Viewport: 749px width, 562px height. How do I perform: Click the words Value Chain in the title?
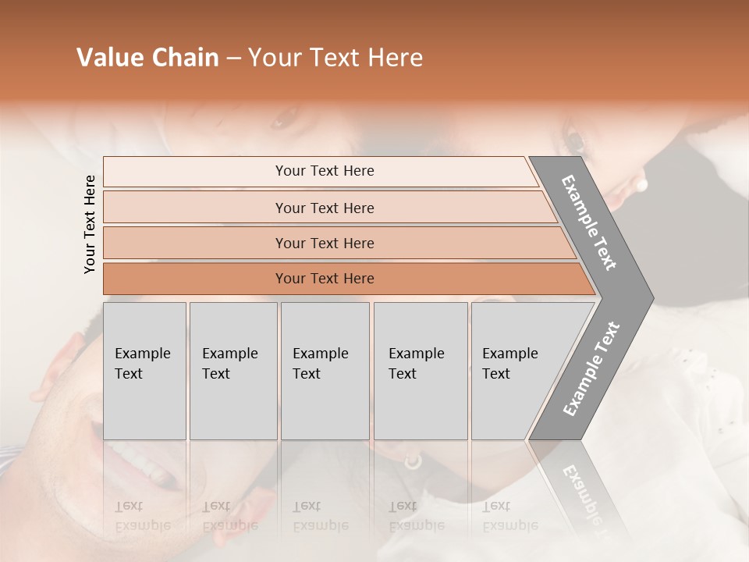[x=147, y=58]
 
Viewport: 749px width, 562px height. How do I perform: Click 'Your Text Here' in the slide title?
[x=335, y=58]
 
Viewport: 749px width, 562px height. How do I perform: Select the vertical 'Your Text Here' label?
[x=90, y=224]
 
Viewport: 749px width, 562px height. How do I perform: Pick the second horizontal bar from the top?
[x=324, y=208]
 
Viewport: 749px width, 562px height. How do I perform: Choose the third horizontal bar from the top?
[x=324, y=243]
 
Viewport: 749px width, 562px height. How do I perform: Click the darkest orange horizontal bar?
[x=324, y=279]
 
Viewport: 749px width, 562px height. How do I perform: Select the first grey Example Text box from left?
[x=144, y=371]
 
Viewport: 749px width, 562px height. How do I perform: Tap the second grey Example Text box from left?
[x=233, y=371]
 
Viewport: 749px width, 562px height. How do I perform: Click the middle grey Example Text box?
[x=325, y=371]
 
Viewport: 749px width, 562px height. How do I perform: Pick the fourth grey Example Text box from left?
[x=420, y=371]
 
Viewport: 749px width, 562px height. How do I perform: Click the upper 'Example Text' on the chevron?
[x=589, y=222]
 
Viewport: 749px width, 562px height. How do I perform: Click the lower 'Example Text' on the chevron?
[x=591, y=368]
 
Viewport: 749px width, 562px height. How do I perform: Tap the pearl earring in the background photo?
[x=642, y=185]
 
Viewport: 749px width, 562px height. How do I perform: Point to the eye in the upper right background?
[x=576, y=140]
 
